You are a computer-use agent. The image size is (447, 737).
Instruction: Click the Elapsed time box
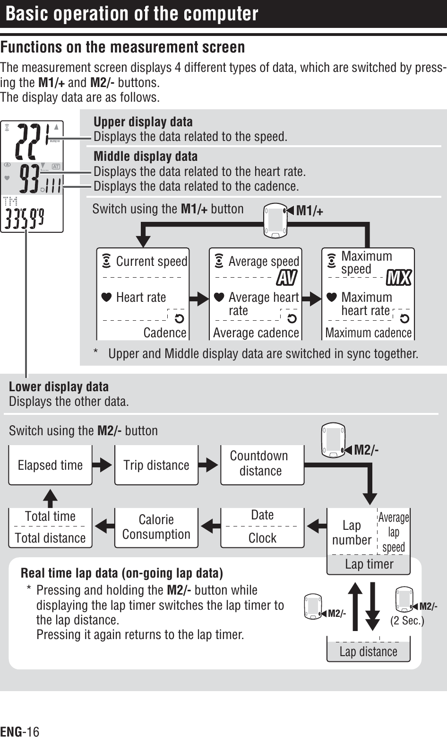50,465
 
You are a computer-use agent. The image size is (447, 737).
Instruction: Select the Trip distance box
156,465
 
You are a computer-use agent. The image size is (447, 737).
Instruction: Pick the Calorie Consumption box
156,527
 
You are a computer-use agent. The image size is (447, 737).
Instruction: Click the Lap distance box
369,651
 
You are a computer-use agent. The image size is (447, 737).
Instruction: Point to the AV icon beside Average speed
287,278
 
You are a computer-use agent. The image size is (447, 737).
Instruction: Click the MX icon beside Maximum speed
399,278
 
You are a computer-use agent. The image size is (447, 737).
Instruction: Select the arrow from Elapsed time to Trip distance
103,465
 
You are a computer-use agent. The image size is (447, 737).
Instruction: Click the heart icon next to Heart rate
106,298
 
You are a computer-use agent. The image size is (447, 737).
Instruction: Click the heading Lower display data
59,386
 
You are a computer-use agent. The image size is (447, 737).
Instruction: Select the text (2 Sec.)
407,620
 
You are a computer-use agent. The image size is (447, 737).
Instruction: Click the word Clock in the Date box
262,538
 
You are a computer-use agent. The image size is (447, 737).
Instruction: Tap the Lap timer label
369,564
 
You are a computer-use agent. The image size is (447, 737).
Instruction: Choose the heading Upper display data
143,122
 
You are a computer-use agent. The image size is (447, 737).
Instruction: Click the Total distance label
50,538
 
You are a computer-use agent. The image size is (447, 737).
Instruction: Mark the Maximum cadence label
369,333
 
